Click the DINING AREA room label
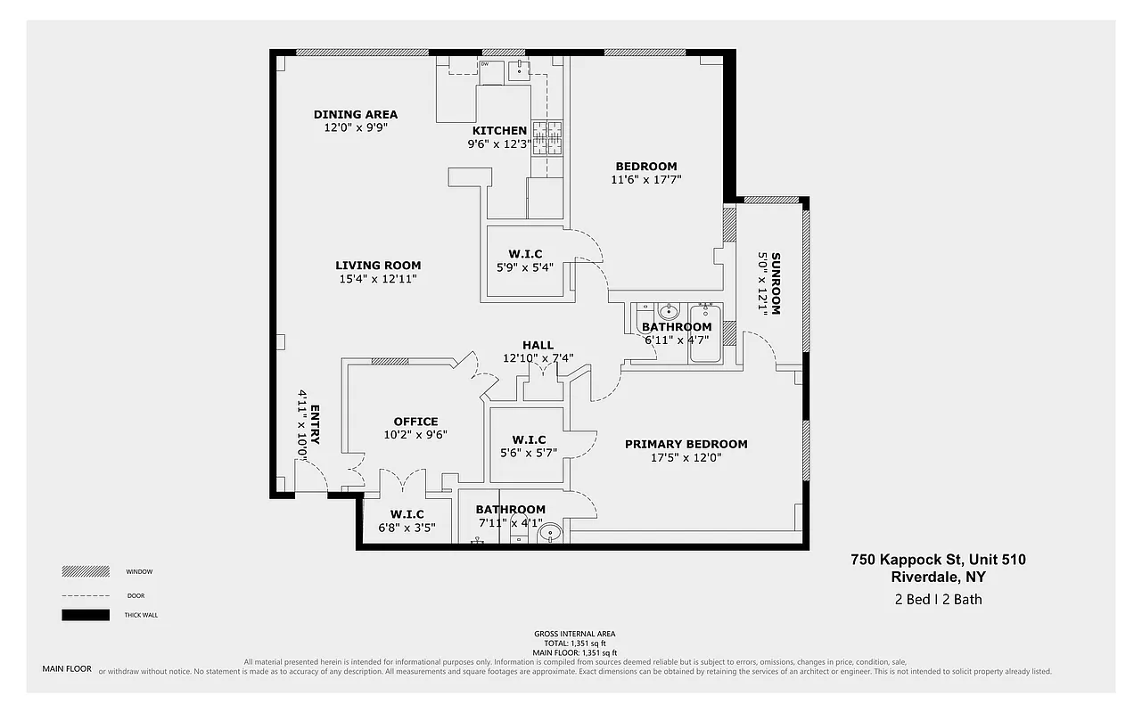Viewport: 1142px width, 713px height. pos(356,114)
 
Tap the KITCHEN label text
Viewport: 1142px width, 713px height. pos(499,131)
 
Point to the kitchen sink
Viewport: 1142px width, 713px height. pos(518,70)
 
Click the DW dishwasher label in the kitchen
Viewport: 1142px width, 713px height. pos(485,65)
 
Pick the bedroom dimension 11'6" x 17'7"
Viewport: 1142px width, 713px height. pos(645,180)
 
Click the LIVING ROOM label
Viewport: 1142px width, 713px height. pos(378,265)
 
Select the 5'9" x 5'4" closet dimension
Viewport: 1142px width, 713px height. pos(526,267)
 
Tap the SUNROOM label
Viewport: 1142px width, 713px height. pos(775,283)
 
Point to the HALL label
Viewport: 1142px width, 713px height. pos(538,345)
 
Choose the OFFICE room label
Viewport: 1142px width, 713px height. pos(415,422)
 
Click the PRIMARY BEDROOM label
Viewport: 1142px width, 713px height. pos(686,444)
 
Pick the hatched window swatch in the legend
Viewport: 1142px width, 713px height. pos(86,571)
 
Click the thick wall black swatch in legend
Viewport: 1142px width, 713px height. pos(86,615)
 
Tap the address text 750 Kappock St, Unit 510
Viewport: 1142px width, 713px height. pos(938,560)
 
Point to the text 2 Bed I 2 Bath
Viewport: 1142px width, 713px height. pos(938,599)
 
